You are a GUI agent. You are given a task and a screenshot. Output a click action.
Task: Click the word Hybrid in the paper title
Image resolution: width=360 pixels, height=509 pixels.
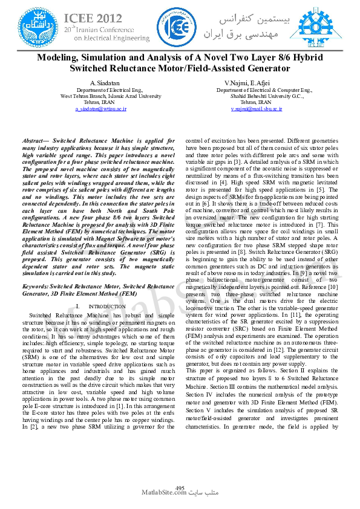click(307, 57)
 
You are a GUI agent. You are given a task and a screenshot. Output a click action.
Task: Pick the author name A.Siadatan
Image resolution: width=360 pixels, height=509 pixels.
click(106, 82)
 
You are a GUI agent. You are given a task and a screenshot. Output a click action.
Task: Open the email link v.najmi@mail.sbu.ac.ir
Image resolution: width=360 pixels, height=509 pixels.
click(257, 108)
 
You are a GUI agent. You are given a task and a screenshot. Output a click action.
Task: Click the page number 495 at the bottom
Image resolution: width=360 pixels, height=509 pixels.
click(180, 487)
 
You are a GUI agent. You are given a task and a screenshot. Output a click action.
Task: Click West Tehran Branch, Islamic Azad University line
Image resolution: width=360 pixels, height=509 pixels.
click(106, 96)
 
